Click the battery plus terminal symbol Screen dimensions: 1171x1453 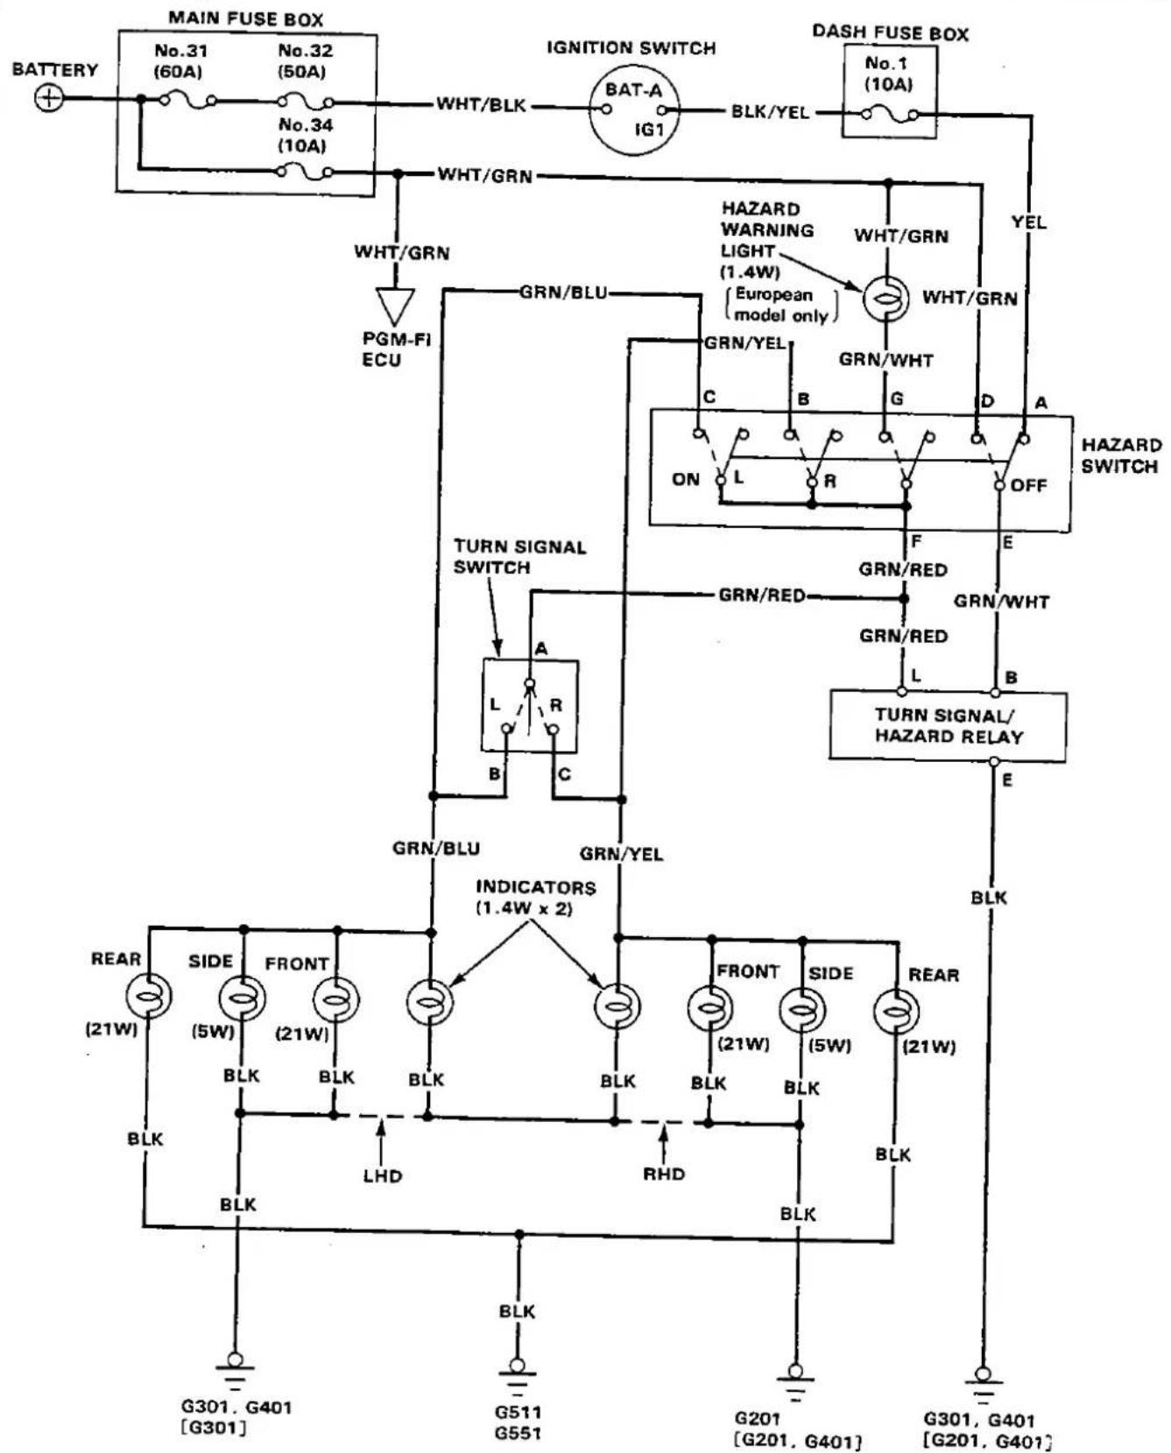point(49,97)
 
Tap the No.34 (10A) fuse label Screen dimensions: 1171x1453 point(305,135)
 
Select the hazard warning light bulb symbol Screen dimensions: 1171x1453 point(886,299)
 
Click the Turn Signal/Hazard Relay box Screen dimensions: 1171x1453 point(948,725)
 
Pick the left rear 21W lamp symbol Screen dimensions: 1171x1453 point(149,996)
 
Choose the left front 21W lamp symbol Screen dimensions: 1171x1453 point(336,998)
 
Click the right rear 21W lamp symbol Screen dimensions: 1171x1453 point(896,1011)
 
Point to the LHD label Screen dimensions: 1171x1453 point(383,1175)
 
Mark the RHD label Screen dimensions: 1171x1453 point(664,1174)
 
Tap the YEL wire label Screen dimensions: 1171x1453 point(1029,222)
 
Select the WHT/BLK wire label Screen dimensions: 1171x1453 point(482,105)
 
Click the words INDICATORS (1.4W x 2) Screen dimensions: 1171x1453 point(535,898)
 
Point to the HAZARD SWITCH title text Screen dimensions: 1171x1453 point(1120,455)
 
